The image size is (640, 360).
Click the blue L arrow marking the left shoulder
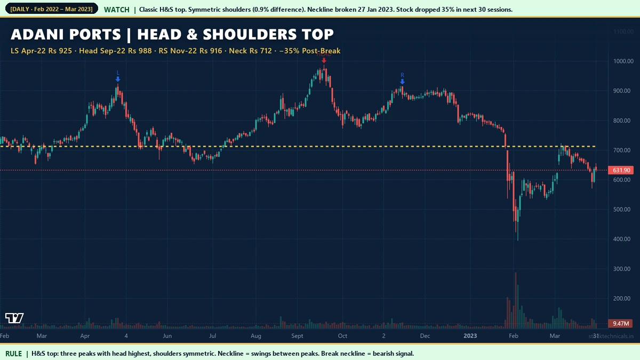(x=118, y=78)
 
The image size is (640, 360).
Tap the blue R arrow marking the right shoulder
(x=402, y=81)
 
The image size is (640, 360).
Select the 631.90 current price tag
(x=622, y=170)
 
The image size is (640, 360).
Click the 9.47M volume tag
(x=622, y=323)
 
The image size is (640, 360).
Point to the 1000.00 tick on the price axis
(x=622, y=61)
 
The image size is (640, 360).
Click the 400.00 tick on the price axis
(x=622, y=239)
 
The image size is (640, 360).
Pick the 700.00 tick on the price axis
(x=622, y=150)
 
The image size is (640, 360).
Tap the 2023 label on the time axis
(x=470, y=336)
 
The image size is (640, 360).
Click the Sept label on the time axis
(x=297, y=336)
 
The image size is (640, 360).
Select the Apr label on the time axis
(x=85, y=336)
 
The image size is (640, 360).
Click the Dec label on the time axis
(x=425, y=336)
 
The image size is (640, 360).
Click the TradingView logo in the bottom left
(x=14, y=318)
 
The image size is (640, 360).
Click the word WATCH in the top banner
(x=116, y=10)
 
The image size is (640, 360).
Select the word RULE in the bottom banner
(x=14, y=354)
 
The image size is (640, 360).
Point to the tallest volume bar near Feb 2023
(x=515, y=299)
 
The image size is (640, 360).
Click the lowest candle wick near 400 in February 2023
(x=517, y=238)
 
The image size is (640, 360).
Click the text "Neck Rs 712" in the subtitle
(x=250, y=51)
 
